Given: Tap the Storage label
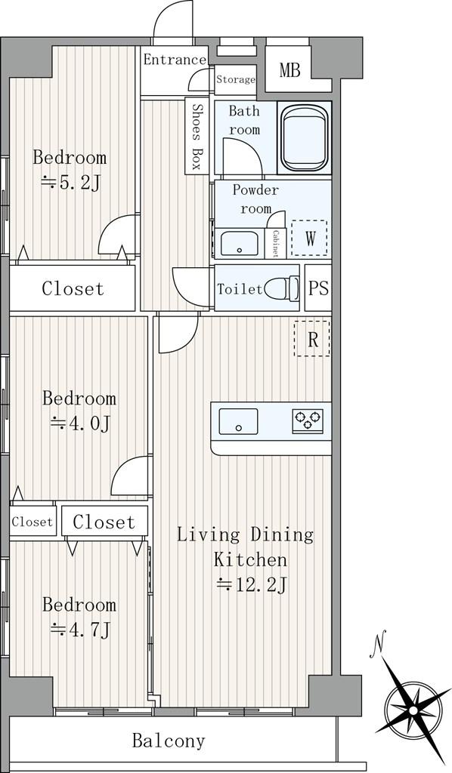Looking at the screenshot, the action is pyautogui.click(x=236, y=79).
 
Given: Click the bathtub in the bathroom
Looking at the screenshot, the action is pyautogui.click(x=304, y=138).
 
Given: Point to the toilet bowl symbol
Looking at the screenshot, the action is pyautogui.click(x=282, y=288).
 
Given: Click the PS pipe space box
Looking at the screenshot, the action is pyautogui.click(x=318, y=288).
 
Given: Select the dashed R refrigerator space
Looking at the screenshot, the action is pyautogui.click(x=312, y=339).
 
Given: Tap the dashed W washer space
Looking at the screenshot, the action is pyautogui.click(x=309, y=238).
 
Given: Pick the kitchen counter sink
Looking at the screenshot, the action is pyautogui.click(x=238, y=421).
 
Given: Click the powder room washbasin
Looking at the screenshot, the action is pyautogui.click(x=240, y=243).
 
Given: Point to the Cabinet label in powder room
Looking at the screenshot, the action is pyautogui.click(x=275, y=243).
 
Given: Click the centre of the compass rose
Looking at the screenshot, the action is pyautogui.click(x=411, y=710).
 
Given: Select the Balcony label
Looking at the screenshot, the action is pyautogui.click(x=169, y=741).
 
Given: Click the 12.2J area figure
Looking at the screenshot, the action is pyautogui.click(x=252, y=585).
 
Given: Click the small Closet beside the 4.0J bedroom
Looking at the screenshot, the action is pyautogui.click(x=32, y=521).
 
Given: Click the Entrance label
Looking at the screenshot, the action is pyautogui.click(x=175, y=60).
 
